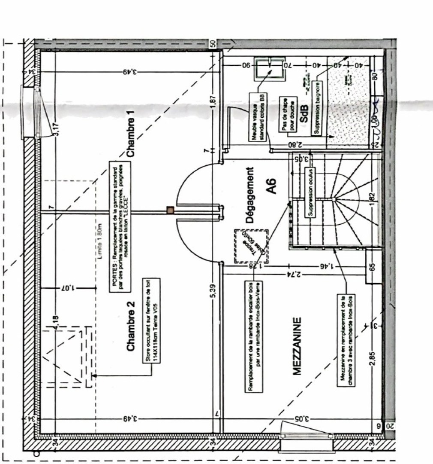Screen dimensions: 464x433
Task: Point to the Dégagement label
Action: click(x=250, y=195)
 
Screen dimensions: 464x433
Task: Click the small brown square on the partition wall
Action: click(x=171, y=210)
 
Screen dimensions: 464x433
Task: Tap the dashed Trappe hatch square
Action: click(x=251, y=245)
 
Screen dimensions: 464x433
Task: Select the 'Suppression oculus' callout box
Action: click(x=311, y=192)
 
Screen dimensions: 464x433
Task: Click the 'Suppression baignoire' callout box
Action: click(x=317, y=108)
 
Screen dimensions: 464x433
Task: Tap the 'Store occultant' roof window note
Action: click(x=152, y=321)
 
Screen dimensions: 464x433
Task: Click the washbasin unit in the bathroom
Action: click(x=269, y=69)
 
